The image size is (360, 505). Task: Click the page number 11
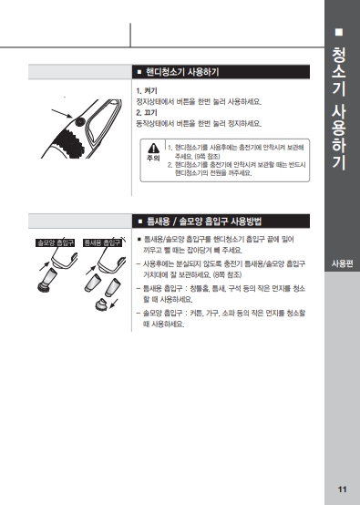[342, 490]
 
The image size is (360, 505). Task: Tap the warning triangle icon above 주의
[154, 149]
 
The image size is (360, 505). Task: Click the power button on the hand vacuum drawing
[79, 122]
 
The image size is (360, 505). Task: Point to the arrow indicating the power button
[62, 113]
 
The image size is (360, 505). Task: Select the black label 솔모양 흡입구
[55, 242]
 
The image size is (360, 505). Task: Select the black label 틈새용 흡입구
[102, 242]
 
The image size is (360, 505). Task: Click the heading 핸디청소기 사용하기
[182, 72]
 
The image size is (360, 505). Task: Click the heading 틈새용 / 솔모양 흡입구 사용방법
[204, 222]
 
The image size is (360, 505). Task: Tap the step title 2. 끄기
[147, 113]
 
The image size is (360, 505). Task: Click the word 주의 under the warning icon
[153, 158]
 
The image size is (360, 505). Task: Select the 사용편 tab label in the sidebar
[343, 263]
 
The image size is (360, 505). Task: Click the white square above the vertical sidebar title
[339, 32]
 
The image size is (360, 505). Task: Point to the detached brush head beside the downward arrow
[101, 304]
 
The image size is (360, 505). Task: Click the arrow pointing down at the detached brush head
[114, 304]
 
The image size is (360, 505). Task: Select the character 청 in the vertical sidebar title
[339, 55]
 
